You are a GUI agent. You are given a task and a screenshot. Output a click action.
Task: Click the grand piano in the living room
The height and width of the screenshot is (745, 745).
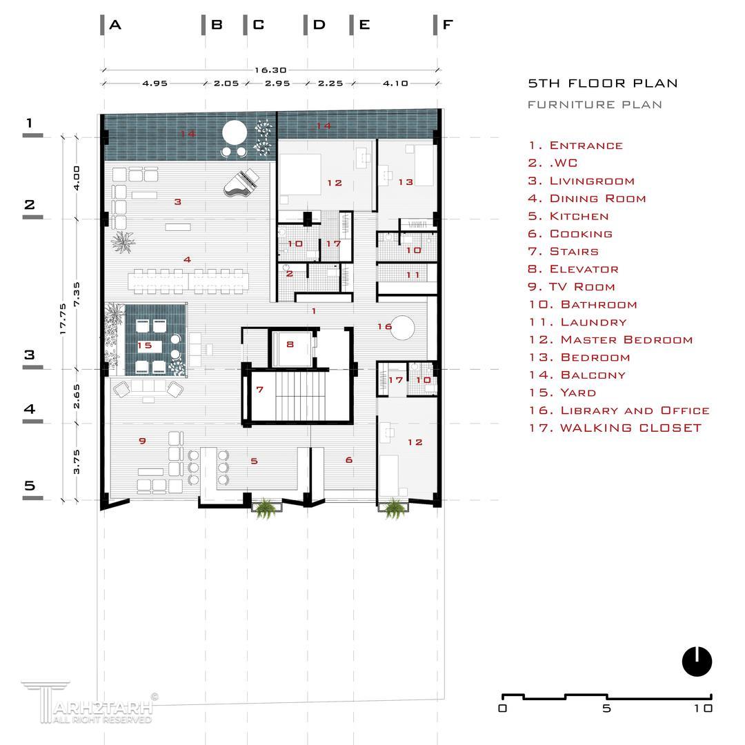[241, 183]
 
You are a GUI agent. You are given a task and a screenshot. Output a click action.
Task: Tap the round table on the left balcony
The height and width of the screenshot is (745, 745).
[235, 132]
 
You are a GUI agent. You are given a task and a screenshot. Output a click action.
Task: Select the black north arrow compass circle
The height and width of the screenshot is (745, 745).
[697, 662]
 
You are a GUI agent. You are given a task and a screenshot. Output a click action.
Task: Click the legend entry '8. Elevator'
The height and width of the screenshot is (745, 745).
[573, 269]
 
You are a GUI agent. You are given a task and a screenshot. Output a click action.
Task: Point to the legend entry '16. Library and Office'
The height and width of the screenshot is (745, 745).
[619, 410]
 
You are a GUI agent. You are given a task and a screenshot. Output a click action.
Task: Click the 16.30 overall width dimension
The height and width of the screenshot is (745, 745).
[270, 70]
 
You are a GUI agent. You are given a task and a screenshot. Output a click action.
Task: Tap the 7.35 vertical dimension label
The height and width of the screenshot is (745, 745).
[77, 295]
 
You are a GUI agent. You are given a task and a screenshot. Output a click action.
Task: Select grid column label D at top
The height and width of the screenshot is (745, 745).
[319, 25]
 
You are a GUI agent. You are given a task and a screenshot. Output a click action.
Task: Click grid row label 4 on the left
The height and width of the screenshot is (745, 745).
[30, 408]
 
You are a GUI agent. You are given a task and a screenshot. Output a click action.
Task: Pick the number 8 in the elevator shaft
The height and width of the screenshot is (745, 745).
[290, 344]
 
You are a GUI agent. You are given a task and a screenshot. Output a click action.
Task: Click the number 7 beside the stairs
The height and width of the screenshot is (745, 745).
[259, 390]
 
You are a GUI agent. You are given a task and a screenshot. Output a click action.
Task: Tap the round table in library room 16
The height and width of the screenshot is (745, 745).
[402, 328]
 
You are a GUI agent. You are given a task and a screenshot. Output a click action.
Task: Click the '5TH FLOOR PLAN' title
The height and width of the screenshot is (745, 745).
[602, 83]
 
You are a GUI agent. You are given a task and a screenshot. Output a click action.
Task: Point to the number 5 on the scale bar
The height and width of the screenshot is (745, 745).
[606, 708]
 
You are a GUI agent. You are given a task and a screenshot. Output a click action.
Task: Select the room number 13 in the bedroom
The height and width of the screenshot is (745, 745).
[406, 182]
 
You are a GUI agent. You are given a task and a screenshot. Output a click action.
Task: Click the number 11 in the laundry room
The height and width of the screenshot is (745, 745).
[413, 275]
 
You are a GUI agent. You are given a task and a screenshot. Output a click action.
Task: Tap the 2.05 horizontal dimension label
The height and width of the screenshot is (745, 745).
[226, 83]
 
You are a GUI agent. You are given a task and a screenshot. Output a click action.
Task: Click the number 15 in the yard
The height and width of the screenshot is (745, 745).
[144, 346]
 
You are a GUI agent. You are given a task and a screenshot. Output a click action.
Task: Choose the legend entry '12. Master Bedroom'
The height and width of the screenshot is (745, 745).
[610, 339]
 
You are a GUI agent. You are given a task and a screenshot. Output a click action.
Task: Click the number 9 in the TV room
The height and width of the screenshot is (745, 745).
[142, 441]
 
